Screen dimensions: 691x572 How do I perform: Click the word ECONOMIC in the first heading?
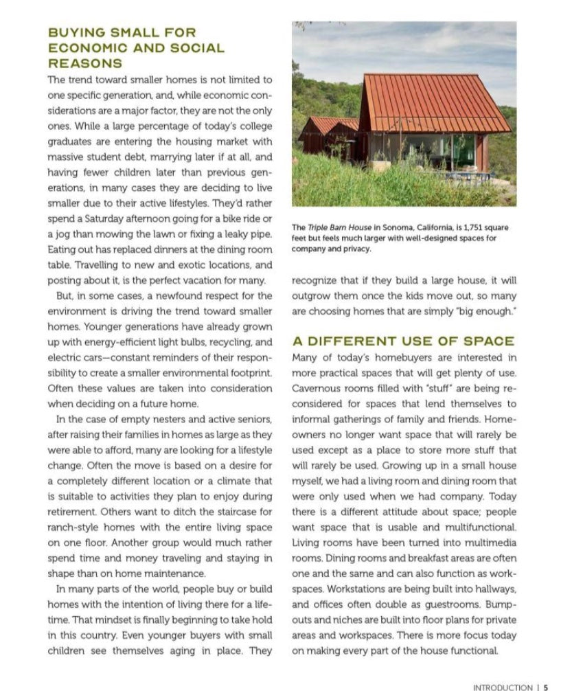click(81, 48)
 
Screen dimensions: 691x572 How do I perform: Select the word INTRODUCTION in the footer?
click(502, 686)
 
